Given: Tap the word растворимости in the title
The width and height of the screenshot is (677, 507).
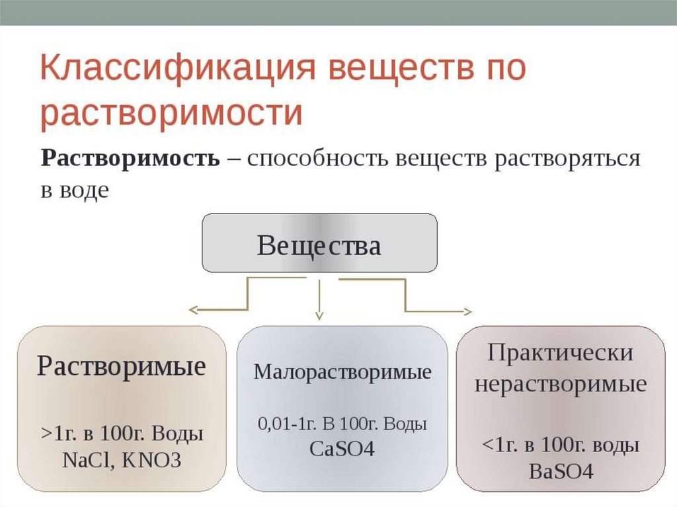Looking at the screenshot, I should [171, 113].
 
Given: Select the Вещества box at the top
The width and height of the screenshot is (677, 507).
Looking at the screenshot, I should [319, 243].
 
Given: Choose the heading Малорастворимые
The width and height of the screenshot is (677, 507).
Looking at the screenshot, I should [342, 372].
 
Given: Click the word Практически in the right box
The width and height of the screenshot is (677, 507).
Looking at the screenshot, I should [560, 352].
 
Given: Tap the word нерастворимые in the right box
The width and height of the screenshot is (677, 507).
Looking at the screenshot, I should [560, 385].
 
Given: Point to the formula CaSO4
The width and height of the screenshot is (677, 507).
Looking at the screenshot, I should [342, 449].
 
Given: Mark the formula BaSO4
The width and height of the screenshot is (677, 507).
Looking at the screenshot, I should [561, 471].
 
